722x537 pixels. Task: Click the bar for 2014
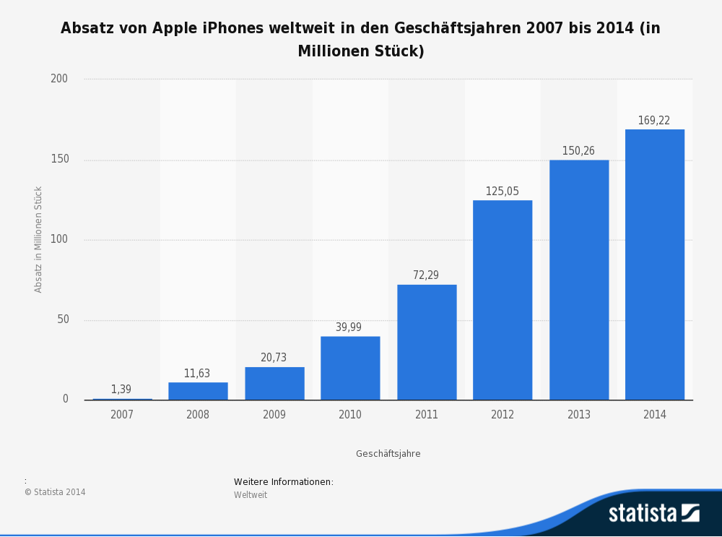coord(654,265)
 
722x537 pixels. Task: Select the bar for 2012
coord(503,300)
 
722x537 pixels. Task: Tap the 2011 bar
coord(427,342)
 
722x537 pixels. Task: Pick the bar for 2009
coord(274,383)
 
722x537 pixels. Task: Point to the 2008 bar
coord(198,391)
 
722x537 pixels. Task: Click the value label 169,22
coord(653,121)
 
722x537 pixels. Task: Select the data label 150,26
coord(578,151)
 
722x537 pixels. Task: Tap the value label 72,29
coord(426,275)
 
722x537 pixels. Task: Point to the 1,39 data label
coord(121,390)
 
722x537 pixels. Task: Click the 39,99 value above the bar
coord(349,327)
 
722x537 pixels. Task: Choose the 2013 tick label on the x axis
coord(578,415)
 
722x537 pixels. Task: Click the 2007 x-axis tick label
coord(121,415)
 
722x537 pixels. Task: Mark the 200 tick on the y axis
coord(59,79)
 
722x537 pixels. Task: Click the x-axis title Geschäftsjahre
coord(388,454)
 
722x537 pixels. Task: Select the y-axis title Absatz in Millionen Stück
coord(39,239)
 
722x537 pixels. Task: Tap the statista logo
coord(653,513)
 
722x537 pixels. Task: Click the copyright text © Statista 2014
coord(55,492)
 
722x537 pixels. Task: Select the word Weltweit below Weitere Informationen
coord(251,495)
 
